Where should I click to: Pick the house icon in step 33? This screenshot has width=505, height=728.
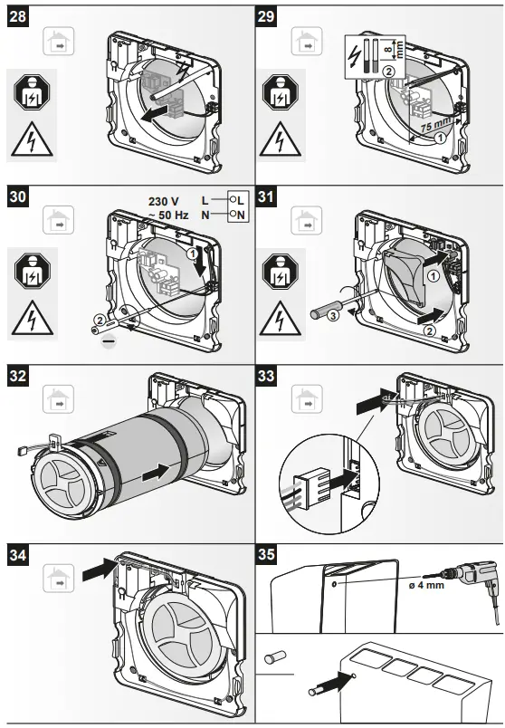[306, 398]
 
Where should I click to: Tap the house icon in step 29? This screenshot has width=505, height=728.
[306, 41]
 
